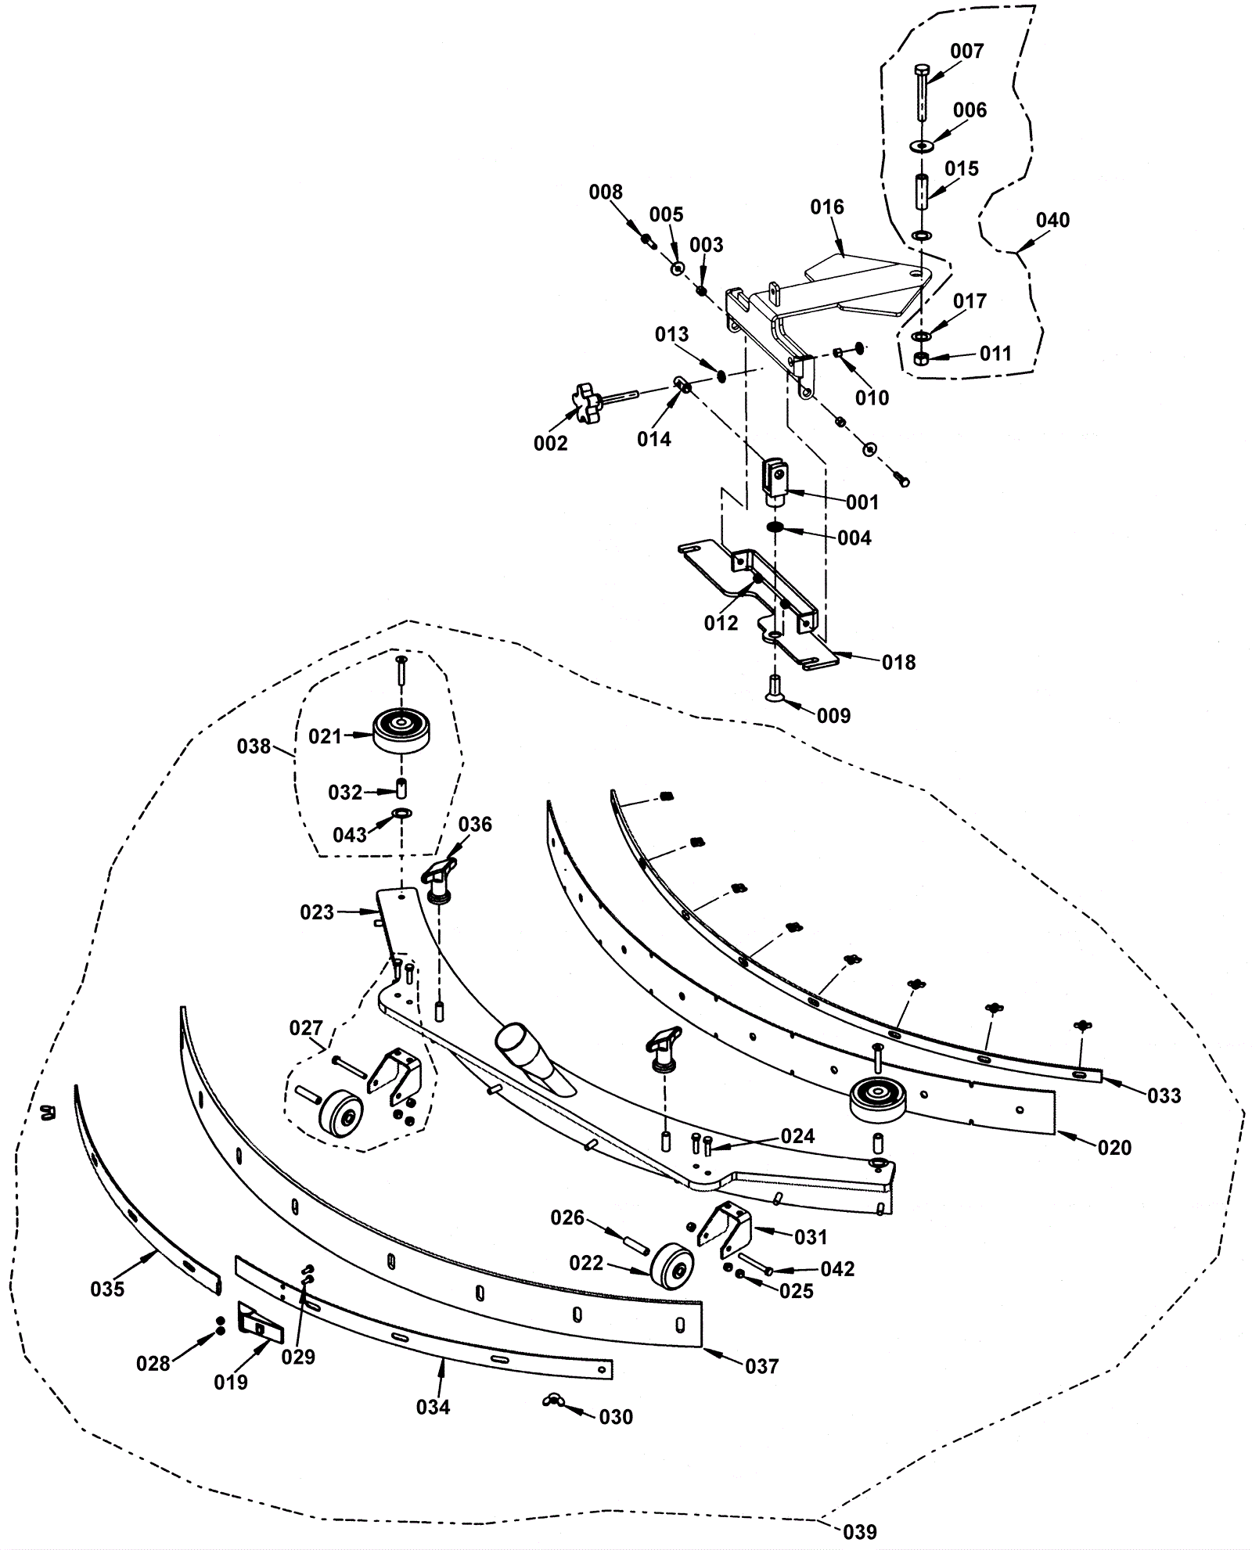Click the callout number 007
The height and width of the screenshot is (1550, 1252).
click(967, 52)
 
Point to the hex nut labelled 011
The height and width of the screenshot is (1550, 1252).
click(922, 359)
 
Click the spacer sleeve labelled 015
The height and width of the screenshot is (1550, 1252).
click(922, 191)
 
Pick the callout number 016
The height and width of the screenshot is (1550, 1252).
click(827, 207)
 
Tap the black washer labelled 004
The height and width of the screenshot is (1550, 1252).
click(776, 527)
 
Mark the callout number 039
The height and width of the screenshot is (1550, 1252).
click(859, 1531)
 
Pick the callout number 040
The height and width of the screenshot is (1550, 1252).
click(1052, 221)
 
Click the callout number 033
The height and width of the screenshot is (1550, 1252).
click(1164, 1096)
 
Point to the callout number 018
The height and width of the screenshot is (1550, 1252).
click(898, 663)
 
